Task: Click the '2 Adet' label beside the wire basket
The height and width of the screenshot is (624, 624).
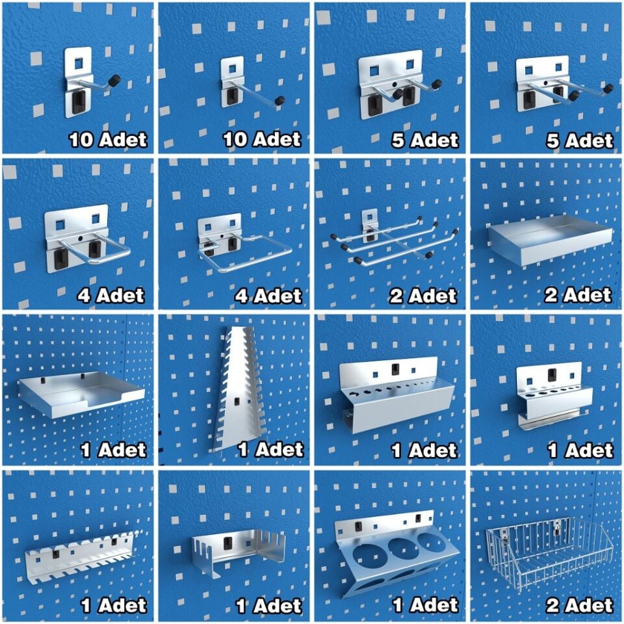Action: coord(579,605)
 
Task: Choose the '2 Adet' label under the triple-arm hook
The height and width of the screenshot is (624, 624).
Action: coord(422,296)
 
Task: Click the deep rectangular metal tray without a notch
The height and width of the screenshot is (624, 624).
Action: coord(549,239)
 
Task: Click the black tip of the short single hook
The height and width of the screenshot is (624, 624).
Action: coord(116,79)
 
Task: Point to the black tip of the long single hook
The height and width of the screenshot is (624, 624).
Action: coord(279,100)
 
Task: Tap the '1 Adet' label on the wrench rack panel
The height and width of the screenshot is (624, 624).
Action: coord(270,450)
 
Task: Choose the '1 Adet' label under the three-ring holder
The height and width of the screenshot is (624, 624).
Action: coord(425,605)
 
